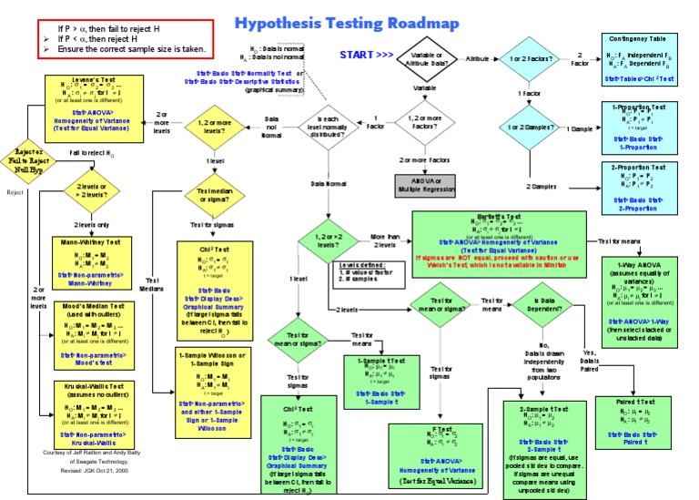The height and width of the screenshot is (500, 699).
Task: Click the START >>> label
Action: point(367,56)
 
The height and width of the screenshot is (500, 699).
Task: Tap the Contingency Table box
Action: point(640,60)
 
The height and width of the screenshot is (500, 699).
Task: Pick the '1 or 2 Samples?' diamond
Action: point(529,129)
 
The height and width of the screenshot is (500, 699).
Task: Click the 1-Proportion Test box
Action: point(640,127)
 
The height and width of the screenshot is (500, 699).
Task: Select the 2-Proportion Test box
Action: point(640,187)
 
